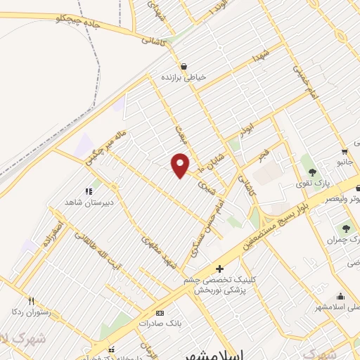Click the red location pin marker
pyautogui.click(x=180, y=165)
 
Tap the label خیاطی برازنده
pyautogui.click(x=184, y=77)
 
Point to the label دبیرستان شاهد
pyautogui.click(x=89, y=201)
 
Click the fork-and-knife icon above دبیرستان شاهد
pyautogui.click(x=89, y=191)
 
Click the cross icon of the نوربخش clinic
pyautogui.click(x=219, y=269)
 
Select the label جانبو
pyautogui.click(x=345, y=162)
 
